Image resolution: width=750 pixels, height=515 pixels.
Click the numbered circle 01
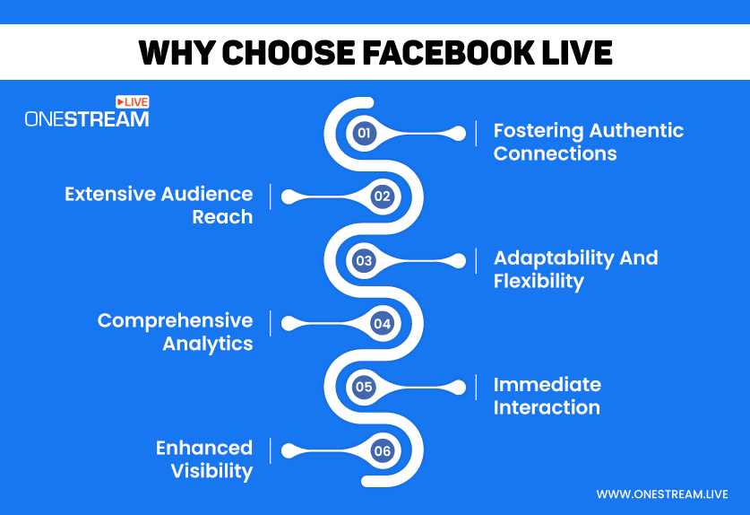point(364,133)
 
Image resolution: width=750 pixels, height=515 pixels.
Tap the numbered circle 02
point(383,196)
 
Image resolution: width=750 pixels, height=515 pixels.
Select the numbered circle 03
point(364,260)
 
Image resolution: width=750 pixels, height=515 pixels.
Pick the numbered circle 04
point(383,324)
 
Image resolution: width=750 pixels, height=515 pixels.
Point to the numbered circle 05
point(364,387)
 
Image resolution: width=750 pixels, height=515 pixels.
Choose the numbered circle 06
point(383,450)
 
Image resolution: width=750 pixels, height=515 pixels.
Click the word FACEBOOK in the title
point(448,52)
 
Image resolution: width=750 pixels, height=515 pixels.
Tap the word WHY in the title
point(176,52)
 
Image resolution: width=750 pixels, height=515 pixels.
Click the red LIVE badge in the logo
point(133,102)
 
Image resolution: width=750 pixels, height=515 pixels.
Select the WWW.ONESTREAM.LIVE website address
point(662,494)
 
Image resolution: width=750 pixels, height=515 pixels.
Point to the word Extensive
point(110,194)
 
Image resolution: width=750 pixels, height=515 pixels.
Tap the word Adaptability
point(554,258)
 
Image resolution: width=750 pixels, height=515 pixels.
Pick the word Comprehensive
point(175,321)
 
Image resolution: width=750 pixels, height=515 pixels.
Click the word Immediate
point(547,385)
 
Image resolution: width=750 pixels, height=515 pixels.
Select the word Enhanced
point(204,448)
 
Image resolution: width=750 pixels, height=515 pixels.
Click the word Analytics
point(208,345)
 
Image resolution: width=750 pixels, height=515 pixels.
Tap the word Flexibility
point(539,282)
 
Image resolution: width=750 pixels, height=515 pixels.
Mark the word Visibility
point(211,471)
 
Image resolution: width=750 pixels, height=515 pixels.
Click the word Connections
point(556,153)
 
